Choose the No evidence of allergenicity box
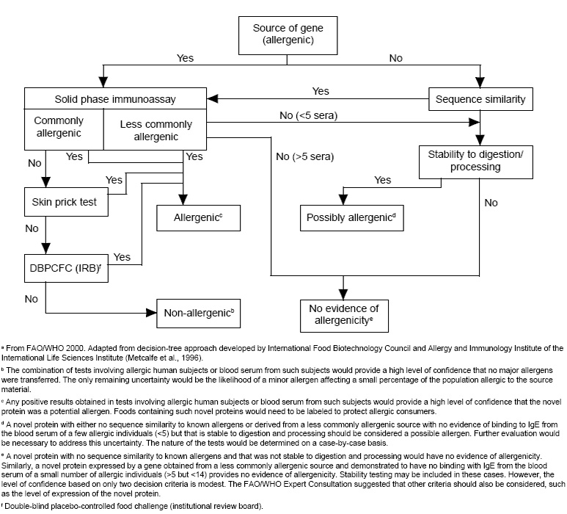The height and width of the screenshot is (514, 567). pos(343,314)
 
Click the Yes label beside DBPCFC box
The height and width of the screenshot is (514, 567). pos(122,257)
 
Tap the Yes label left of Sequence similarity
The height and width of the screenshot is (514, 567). pos(321,91)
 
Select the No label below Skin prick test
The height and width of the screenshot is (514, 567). pos(32,228)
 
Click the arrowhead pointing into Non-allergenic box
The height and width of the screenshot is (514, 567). pos(154,312)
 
